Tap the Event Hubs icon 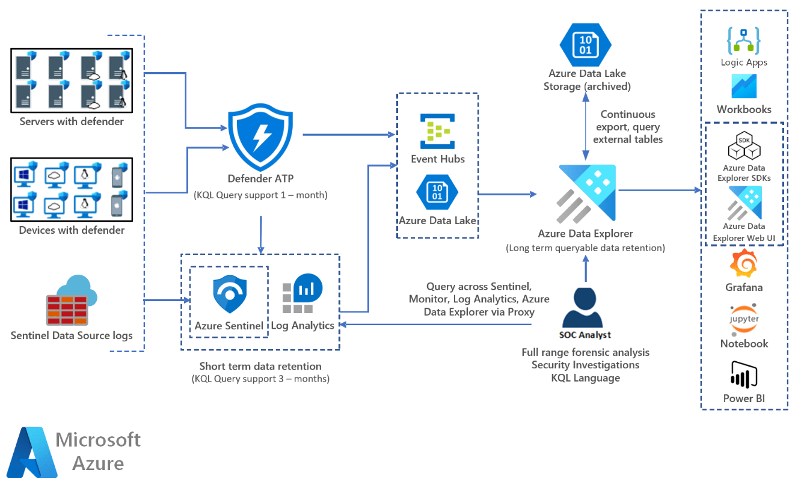pos(438,131)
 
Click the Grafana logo pos(743,264)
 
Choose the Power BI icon pos(743,374)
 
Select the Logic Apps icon pos(744,41)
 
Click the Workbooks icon pos(744,86)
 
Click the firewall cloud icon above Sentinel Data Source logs pos(72,301)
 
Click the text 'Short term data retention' pos(260,366)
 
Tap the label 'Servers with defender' pos(72,121)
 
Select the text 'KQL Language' pos(585,378)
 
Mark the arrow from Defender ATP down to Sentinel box pos(261,234)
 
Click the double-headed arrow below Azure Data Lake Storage pos(585,126)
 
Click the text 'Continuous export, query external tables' pos(627,126)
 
